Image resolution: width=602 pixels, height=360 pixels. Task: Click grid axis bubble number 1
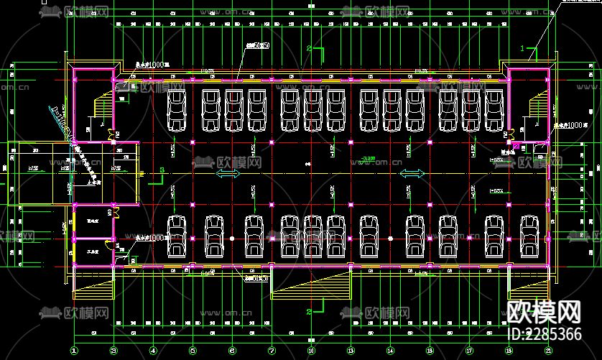point(74,351)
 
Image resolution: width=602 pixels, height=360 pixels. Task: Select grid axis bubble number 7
point(272,351)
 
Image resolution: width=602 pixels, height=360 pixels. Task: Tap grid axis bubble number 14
point(390,351)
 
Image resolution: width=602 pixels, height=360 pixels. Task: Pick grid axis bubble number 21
point(548,351)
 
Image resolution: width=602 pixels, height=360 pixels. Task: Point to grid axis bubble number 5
point(193,351)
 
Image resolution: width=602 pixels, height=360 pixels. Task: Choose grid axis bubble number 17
point(469,351)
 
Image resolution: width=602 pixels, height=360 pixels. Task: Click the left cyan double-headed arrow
point(228,174)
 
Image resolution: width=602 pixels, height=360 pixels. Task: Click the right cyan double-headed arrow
point(411,174)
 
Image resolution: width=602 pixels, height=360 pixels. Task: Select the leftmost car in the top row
point(177,110)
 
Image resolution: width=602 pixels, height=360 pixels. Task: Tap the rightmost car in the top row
point(494,110)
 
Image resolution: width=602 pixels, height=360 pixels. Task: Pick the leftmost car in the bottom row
point(177,236)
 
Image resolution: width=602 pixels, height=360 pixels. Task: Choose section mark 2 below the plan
point(309,312)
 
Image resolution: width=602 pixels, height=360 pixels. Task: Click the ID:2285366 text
point(544,334)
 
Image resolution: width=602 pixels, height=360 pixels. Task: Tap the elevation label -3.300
point(369,157)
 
